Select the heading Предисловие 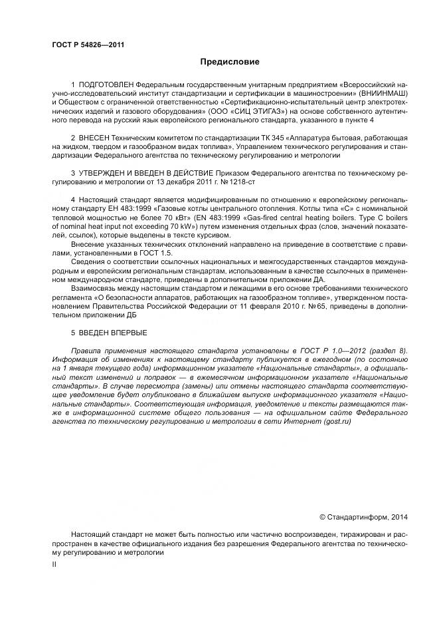pyautogui.click(x=230, y=62)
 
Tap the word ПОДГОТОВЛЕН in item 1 pyautogui.click(x=106, y=86)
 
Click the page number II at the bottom pyautogui.click(x=54, y=564)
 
